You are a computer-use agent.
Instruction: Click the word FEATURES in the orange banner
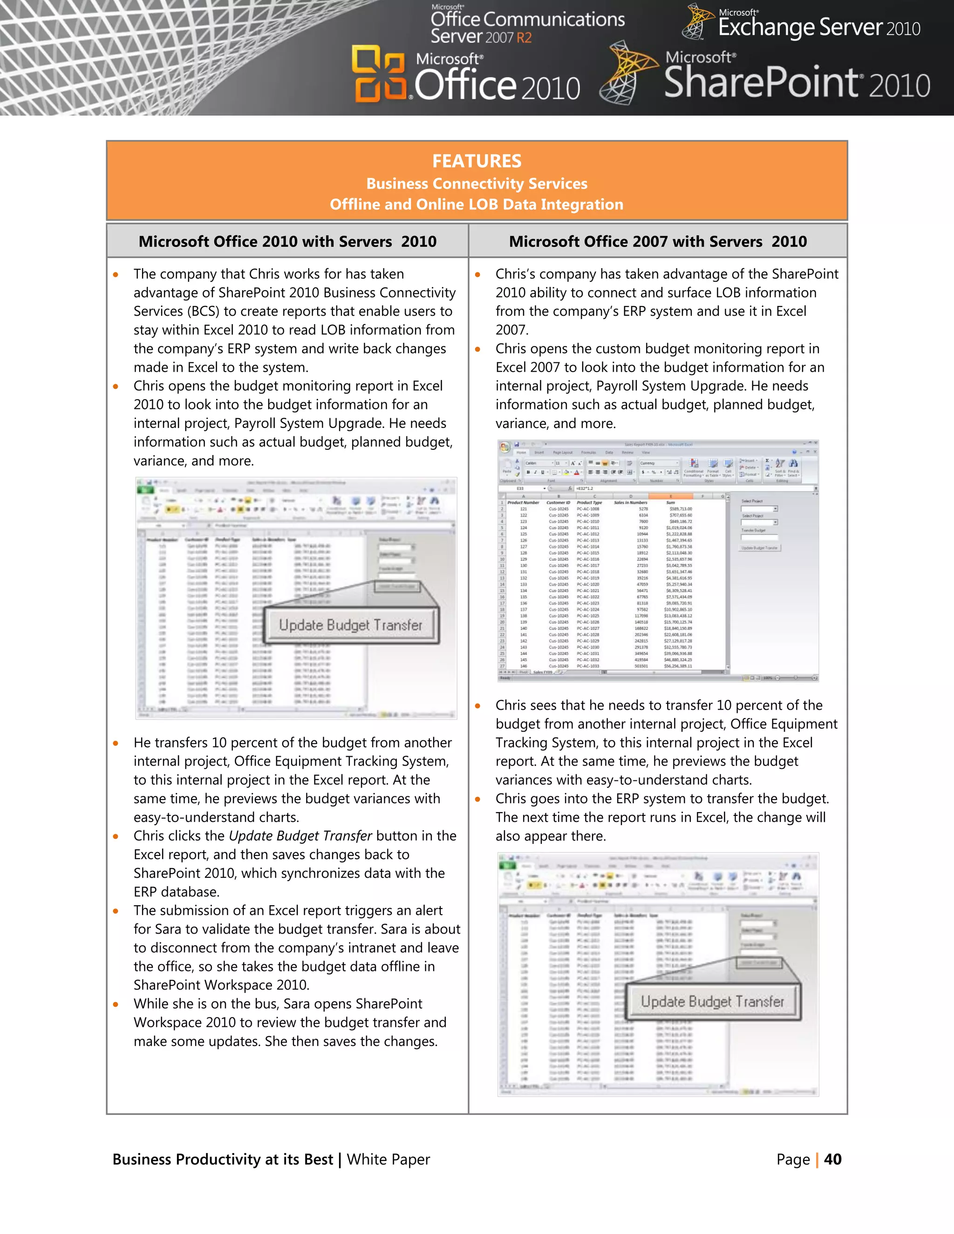[477, 161]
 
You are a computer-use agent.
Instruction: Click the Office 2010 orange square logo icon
[379, 74]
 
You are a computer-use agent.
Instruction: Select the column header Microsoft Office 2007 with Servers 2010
[657, 241]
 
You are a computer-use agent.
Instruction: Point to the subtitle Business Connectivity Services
[477, 183]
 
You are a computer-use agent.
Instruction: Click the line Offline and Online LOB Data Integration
[477, 204]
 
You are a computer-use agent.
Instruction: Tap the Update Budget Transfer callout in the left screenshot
[350, 625]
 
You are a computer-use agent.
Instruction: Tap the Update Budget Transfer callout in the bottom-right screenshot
[712, 1002]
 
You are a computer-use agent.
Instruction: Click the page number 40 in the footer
[832, 1159]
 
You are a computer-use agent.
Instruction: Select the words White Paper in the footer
[388, 1159]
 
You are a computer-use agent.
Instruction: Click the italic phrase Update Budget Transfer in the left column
[300, 836]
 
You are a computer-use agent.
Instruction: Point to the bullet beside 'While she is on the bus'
[116, 1004]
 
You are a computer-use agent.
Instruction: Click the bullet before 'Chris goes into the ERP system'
[477, 800]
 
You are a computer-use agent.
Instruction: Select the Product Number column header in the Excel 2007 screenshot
[523, 502]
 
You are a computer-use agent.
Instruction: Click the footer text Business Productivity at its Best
[223, 1159]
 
